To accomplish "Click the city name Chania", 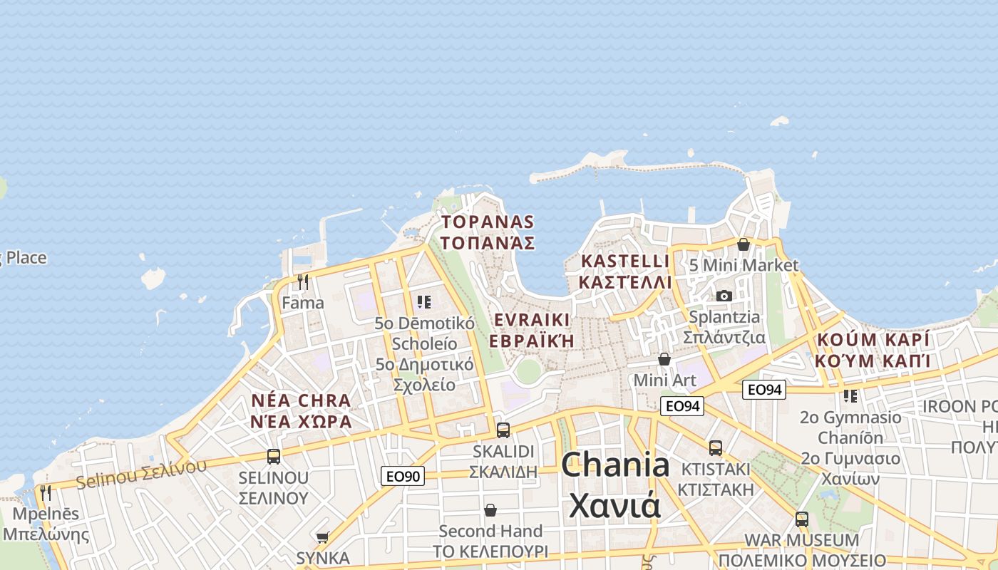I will point(614,466).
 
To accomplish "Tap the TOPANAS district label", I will point(487,222).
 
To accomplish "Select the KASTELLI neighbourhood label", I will point(625,261).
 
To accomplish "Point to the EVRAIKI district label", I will point(532,319).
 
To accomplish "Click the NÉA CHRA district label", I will point(301,400).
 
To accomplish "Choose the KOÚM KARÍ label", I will point(873,340).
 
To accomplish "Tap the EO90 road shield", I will point(403,476).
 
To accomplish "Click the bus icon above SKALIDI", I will point(503,430).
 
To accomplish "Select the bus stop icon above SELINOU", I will point(274,456).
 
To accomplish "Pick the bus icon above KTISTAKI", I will point(716,447).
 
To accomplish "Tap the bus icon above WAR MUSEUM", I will point(802,519).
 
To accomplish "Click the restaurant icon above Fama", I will point(303,281).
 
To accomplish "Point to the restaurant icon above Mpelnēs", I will point(46,492).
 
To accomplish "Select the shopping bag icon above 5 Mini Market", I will point(744,244).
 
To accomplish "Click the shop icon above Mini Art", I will point(664,359).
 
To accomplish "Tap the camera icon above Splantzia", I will point(724,296).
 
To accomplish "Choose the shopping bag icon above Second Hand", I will point(490,510).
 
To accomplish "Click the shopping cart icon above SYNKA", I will point(322,537).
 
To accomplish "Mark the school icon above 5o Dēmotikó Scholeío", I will point(424,301).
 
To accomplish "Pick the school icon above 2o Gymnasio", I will point(850,395).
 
